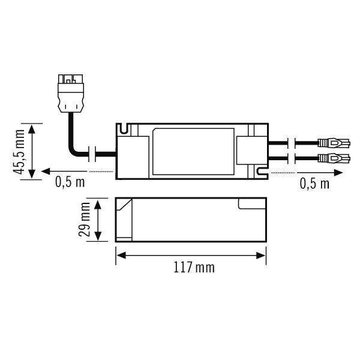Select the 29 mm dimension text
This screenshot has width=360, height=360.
pos(85,220)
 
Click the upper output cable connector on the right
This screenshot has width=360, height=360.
pos(333,144)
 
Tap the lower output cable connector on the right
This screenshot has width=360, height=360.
pos(333,158)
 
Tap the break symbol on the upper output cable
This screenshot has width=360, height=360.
pos(291,144)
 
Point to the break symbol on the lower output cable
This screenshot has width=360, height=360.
pos(291,158)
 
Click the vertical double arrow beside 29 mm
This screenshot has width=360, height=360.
pos(98,220)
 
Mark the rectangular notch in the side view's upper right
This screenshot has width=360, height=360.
pos(252,204)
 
